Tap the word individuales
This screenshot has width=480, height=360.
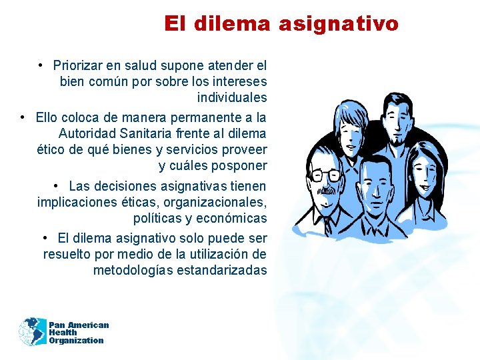click(x=232, y=98)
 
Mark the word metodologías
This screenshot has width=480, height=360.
click(x=133, y=271)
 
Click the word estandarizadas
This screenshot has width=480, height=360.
click(x=223, y=271)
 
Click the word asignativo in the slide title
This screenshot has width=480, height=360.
click(x=339, y=24)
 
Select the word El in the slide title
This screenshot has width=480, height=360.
click(x=175, y=24)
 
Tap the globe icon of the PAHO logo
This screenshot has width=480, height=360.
click(x=31, y=331)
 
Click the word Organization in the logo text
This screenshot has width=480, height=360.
click(x=76, y=341)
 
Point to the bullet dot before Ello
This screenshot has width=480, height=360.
click(x=23, y=117)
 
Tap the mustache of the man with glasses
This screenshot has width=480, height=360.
click(x=326, y=190)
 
